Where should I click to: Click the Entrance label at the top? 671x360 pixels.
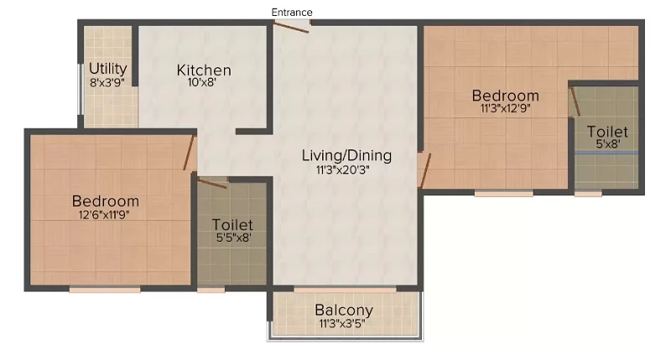point(292,13)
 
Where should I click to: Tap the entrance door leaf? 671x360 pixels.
point(291,27)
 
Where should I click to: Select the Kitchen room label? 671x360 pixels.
point(204,70)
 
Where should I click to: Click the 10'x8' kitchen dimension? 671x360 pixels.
point(202,81)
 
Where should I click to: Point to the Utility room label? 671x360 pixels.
point(108,69)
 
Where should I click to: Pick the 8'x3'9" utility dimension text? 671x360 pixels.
point(107,82)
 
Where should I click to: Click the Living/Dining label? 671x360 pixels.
point(346,155)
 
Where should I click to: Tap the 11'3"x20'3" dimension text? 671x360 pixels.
point(342,170)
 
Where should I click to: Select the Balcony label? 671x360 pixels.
point(344,310)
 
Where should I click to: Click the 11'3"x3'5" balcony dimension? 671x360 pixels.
point(342,323)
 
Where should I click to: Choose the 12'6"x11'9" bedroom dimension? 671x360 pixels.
point(104,215)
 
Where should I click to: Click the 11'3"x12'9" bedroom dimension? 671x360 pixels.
point(506,108)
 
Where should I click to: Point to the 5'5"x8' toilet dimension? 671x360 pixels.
point(233,237)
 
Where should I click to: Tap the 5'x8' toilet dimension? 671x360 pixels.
point(607,143)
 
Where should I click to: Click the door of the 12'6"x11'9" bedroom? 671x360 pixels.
point(190,153)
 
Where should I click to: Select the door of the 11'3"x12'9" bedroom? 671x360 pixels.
point(424,170)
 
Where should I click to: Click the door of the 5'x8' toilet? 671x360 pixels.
point(575,101)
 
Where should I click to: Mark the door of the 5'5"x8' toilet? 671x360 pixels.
point(212,183)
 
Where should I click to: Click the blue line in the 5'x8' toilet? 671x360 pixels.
point(606,153)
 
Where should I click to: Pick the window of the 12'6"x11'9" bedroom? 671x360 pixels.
point(105,290)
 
